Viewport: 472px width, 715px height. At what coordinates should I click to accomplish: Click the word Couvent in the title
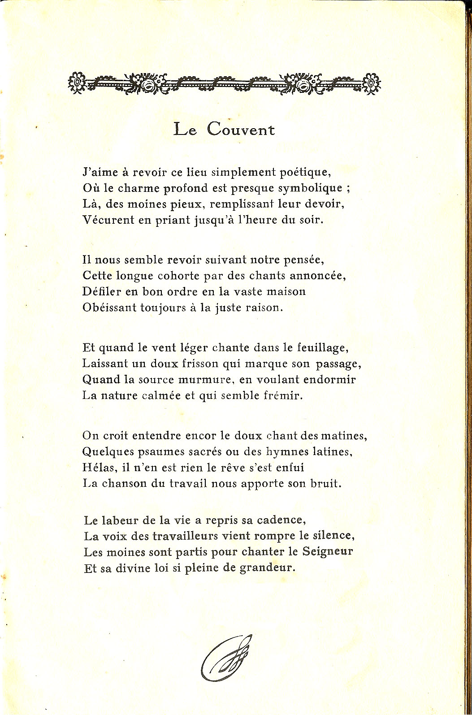(x=241, y=130)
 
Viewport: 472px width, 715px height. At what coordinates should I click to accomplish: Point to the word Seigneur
(x=328, y=551)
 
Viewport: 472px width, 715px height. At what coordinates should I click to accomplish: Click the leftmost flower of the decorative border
(x=78, y=82)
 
